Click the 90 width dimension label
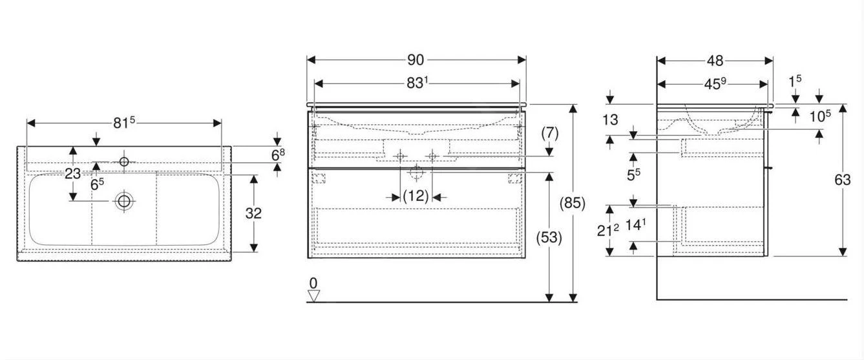(416, 60)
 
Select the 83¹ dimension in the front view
(417, 83)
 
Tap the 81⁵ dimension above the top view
(124, 123)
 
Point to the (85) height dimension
(573, 204)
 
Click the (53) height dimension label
(549, 238)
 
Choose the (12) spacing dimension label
(416, 196)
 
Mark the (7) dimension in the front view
(550, 134)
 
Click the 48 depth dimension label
(715, 61)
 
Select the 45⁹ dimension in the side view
(715, 84)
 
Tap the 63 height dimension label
(842, 180)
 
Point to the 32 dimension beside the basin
(253, 213)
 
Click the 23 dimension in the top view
(72, 174)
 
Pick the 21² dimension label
(608, 230)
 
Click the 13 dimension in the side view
(610, 120)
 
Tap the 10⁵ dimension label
(820, 116)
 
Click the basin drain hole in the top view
(124, 201)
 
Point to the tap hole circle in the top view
(124, 162)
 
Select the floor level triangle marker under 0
(313, 296)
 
